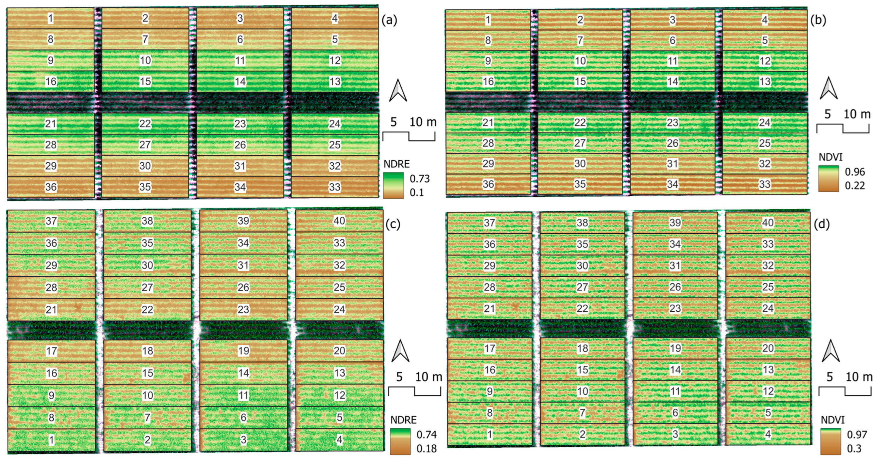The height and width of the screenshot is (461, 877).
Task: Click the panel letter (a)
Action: click(389, 20)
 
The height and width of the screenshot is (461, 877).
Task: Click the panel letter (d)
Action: click(821, 224)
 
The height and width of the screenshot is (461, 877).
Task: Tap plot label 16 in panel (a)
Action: click(51, 82)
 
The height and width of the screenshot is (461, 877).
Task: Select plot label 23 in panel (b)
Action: click(672, 123)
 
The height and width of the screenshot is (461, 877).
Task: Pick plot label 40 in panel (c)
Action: click(339, 221)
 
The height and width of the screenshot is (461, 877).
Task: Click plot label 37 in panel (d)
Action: click(489, 223)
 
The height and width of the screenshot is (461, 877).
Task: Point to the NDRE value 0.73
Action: click(420, 179)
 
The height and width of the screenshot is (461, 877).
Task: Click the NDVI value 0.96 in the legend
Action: click(854, 172)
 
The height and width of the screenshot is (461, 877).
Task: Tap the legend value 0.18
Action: click(426, 448)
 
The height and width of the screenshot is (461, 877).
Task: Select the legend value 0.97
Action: click(857, 435)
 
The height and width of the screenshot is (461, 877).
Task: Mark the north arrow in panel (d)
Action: click(830, 351)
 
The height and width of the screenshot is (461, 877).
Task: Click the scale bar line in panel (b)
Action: click(843, 129)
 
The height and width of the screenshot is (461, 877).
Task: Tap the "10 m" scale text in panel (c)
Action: click(428, 377)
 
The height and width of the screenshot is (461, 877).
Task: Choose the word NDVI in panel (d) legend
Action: click(832, 420)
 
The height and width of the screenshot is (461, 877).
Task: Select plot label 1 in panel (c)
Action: click(52, 440)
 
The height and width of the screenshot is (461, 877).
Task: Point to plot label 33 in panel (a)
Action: click(334, 187)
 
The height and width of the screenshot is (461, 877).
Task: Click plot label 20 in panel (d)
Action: click(768, 348)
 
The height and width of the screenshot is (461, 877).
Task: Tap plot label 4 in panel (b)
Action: click(765, 20)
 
